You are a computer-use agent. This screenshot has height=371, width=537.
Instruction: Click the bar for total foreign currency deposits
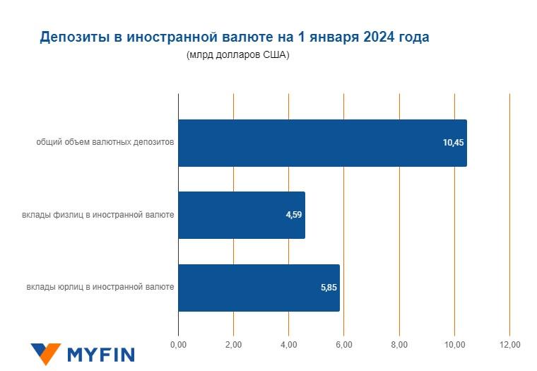click(321, 143)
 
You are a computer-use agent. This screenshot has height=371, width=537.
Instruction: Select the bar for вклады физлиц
click(241, 215)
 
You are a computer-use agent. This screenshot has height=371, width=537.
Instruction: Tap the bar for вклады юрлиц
click(259, 288)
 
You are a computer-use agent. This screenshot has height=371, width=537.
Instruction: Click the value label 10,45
click(453, 143)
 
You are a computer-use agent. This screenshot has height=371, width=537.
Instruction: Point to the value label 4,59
click(294, 215)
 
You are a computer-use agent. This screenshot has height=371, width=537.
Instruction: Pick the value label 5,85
click(329, 288)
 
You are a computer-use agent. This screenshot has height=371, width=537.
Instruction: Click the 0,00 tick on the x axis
click(178, 344)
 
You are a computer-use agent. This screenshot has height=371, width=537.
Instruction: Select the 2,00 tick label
click(233, 344)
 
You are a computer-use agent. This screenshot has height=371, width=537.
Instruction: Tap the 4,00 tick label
click(288, 344)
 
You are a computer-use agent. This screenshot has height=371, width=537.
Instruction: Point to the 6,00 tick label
click(344, 344)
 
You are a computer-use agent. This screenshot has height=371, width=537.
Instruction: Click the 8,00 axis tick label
click(399, 344)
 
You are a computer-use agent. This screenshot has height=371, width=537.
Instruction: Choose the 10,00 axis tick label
click(454, 344)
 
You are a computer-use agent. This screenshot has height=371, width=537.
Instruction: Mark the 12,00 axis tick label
click(509, 344)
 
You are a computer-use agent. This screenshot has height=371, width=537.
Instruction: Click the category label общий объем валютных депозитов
click(105, 143)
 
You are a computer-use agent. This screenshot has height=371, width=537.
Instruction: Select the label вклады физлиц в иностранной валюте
click(98, 215)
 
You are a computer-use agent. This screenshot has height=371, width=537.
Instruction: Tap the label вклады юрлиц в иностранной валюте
click(100, 288)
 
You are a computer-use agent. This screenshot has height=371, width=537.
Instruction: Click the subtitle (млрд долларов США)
click(238, 55)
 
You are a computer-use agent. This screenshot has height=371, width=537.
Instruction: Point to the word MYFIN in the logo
click(100, 354)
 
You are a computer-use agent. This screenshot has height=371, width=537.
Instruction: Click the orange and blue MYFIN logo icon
click(46, 353)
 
